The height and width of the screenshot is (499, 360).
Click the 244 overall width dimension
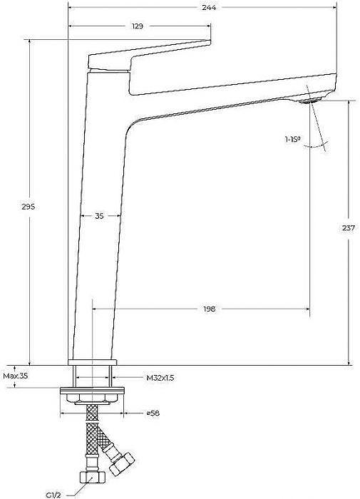pos(209,7)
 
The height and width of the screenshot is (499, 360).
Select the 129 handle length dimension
pos(138,26)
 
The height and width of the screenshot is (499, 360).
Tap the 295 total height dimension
pos(29,207)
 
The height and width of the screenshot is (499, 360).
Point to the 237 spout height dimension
pos(348,228)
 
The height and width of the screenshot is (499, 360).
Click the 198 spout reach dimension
pos(209,309)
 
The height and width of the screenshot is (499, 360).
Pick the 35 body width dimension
pos(99,216)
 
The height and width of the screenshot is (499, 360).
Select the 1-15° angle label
pos(293,139)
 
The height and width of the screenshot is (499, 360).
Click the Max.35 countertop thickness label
pos(16,376)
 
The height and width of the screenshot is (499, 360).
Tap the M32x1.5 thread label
pos(160,378)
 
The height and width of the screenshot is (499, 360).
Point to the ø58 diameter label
pos(153,413)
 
